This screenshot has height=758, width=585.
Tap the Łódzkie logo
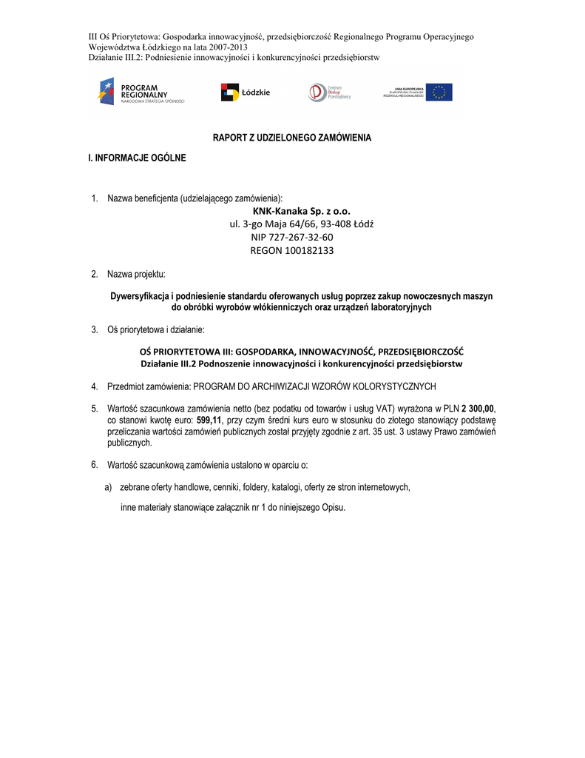click(x=246, y=93)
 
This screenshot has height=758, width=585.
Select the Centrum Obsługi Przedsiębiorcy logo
click(x=329, y=93)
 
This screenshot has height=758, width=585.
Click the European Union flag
click(x=442, y=93)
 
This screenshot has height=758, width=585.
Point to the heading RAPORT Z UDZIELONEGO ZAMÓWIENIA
click(x=292, y=138)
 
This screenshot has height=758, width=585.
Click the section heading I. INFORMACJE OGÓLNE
click(x=138, y=158)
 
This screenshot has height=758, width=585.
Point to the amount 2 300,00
click(x=478, y=409)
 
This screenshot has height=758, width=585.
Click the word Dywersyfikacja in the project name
click(x=141, y=296)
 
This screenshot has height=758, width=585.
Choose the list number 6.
click(x=95, y=465)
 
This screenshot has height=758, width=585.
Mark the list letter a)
click(x=108, y=487)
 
